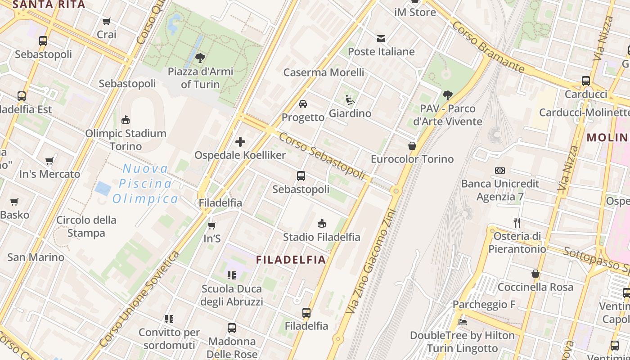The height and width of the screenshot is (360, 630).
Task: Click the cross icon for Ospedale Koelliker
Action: pyautogui.click(x=240, y=142)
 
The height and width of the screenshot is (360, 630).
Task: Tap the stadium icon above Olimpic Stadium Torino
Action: pyautogui.click(x=126, y=120)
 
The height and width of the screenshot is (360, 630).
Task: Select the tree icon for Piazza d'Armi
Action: pyautogui.click(x=200, y=58)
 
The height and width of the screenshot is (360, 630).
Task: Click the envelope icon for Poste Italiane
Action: pyautogui.click(x=381, y=38)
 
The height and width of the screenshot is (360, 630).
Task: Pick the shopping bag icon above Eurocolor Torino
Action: pyautogui.click(x=412, y=146)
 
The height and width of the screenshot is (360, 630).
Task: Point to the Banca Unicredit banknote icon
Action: pyautogui.click(x=499, y=171)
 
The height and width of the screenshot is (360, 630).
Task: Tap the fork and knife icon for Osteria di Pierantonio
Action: pyautogui.click(x=517, y=222)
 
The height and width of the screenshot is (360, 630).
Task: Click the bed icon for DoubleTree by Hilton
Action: pyautogui.click(x=462, y=322)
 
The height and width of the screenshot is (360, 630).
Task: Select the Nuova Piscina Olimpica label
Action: pyautogui.click(x=145, y=184)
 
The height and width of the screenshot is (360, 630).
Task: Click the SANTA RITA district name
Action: pyautogui.click(x=49, y=5)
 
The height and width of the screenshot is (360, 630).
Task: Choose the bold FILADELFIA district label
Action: pyautogui.click(x=291, y=260)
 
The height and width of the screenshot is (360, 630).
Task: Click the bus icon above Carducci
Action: pyautogui.click(x=585, y=81)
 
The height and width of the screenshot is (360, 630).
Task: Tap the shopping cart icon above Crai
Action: pyautogui.click(x=107, y=21)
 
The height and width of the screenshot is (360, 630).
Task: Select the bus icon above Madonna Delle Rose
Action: pyautogui.click(x=232, y=328)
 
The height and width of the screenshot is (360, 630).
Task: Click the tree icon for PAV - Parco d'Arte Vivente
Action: pyautogui.click(x=447, y=95)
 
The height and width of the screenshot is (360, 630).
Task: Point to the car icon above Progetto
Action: pyautogui.click(x=303, y=104)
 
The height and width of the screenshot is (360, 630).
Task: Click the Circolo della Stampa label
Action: pyautogui.click(x=86, y=226)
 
